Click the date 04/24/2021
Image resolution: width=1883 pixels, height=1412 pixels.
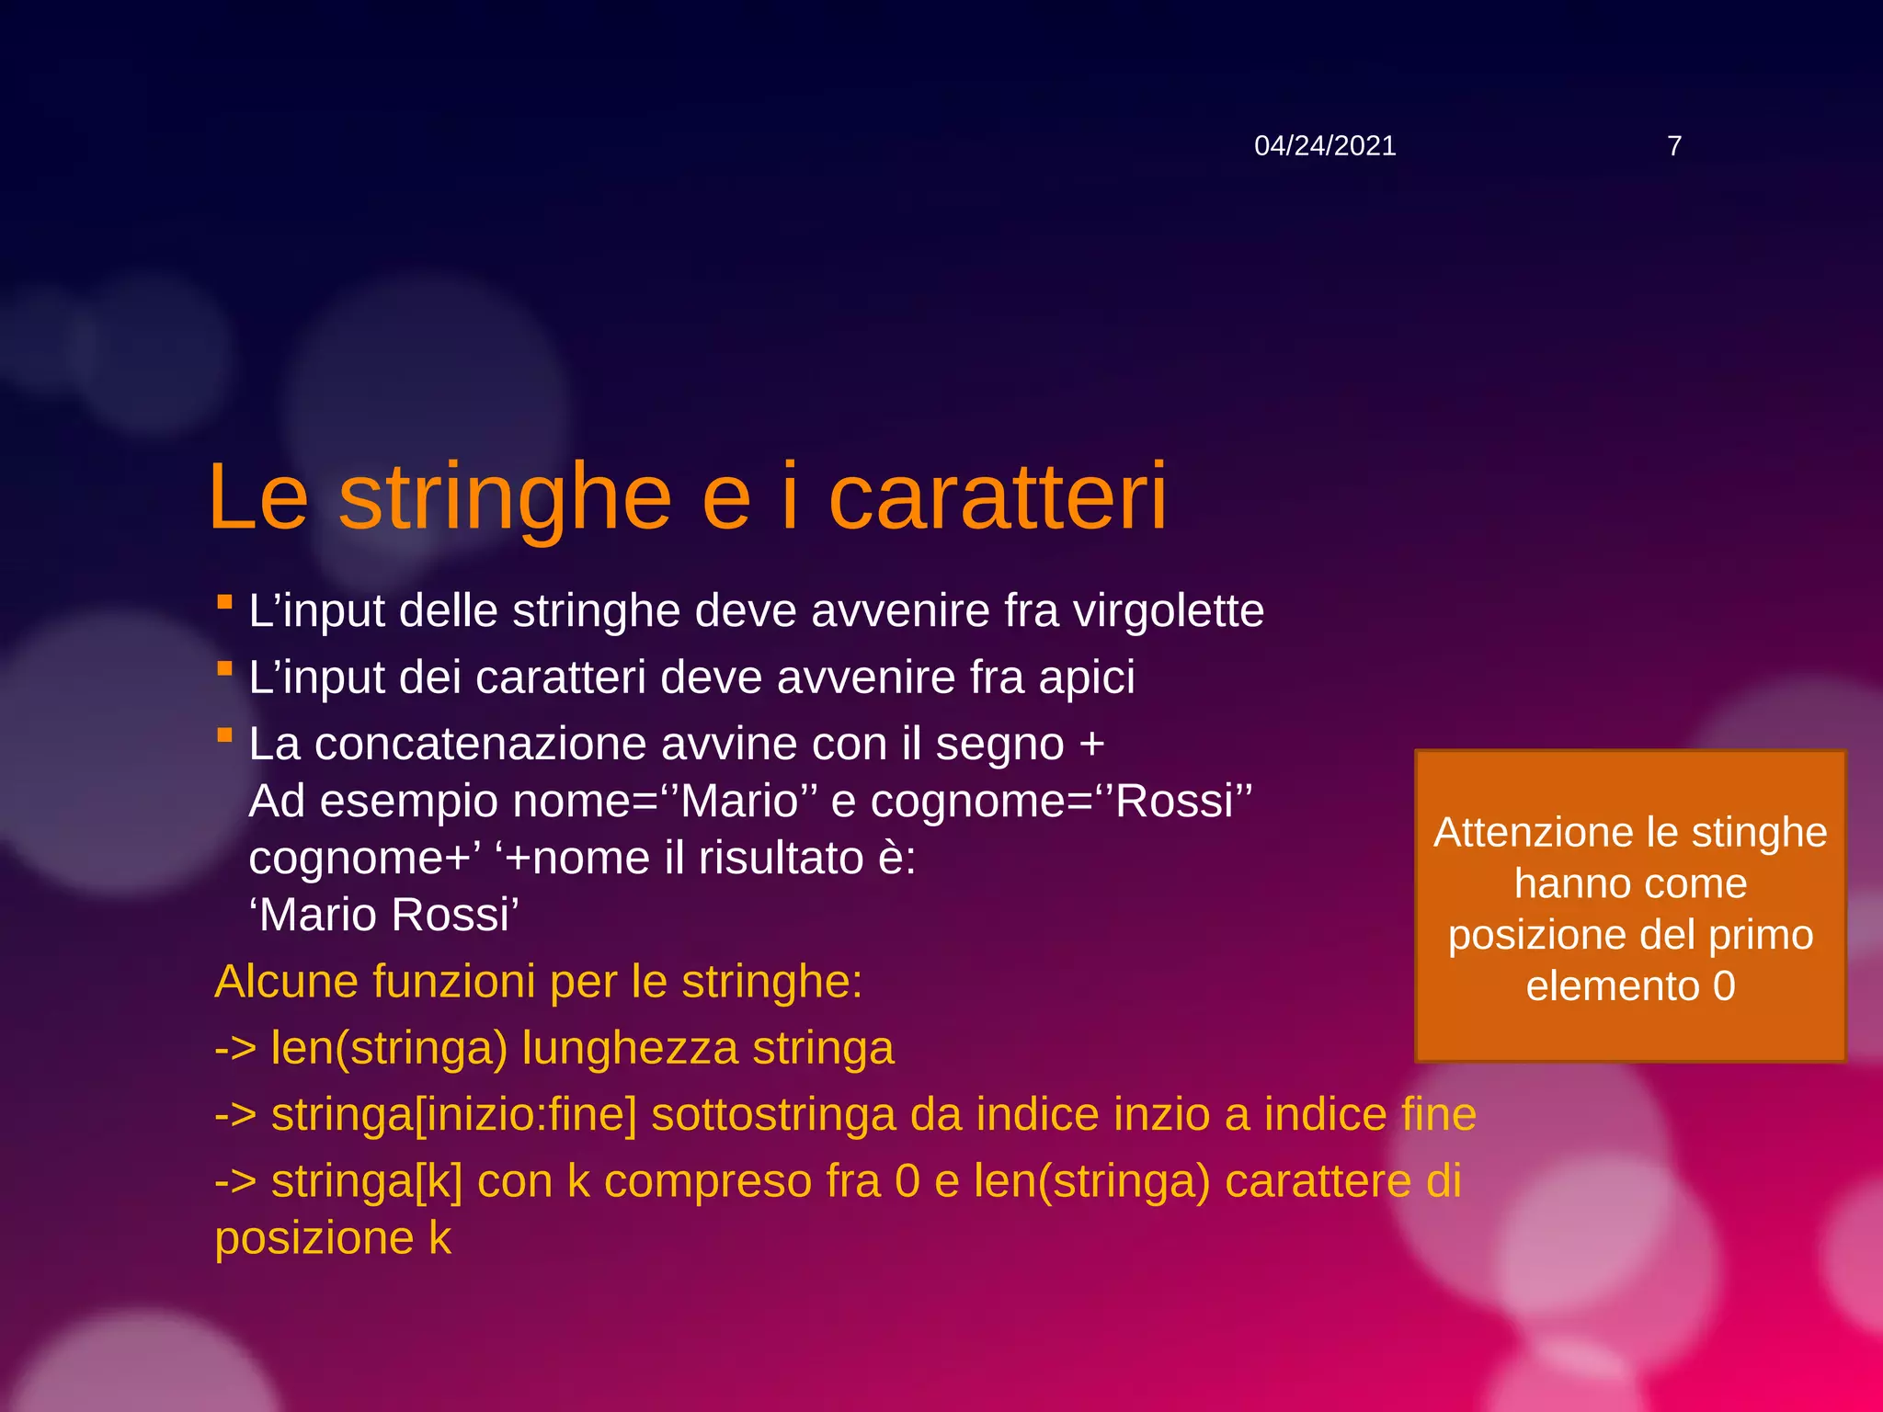(1325, 146)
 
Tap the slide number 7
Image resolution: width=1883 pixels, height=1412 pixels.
(1674, 146)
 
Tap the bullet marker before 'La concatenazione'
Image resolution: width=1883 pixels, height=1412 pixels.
(224, 735)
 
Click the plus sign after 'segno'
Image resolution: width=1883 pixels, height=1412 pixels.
(1091, 744)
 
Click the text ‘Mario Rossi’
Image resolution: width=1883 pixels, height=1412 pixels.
(384, 916)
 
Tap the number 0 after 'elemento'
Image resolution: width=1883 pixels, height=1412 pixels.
(1724, 986)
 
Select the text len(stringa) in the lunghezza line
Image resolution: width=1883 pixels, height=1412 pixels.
(389, 1049)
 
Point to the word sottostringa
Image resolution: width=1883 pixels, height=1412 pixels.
(772, 1115)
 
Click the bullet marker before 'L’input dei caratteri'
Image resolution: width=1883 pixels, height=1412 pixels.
(224, 669)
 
